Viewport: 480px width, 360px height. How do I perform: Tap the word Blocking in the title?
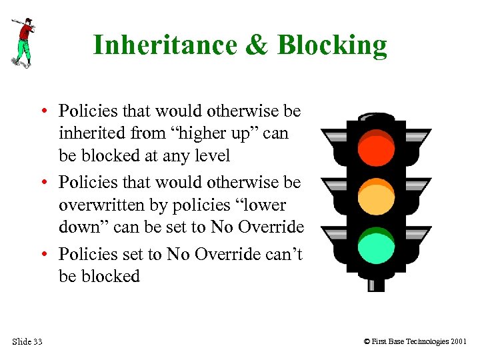click(332, 45)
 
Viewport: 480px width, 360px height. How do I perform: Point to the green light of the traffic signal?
click(376, 245)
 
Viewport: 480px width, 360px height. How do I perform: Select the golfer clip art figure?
click(22, 41)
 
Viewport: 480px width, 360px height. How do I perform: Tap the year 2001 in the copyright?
click(458, 342)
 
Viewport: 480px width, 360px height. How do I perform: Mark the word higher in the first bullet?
click(197, 133)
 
